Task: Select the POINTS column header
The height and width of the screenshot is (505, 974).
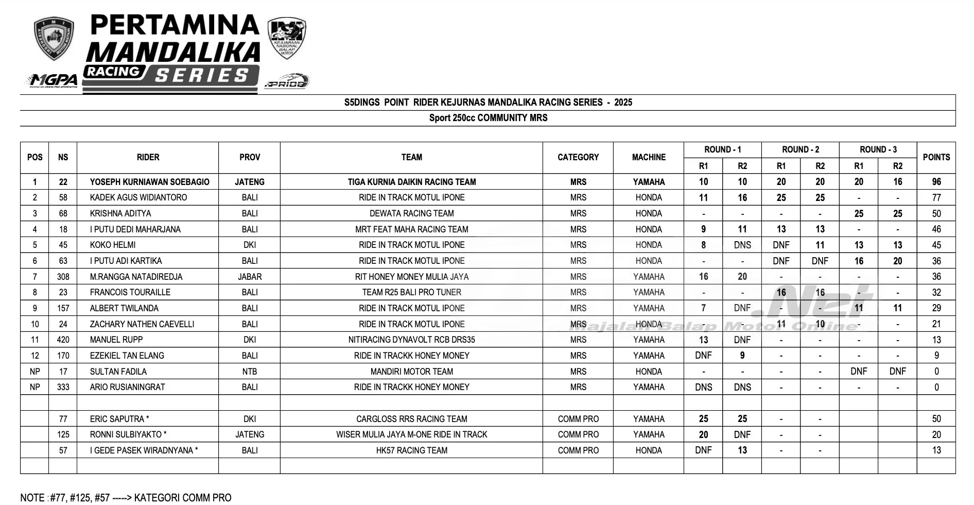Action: pyautogui.click(x=936, y=157)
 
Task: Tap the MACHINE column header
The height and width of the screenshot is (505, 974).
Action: pyautogui.click(x=649, y=157)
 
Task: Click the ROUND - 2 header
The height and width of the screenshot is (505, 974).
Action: pyautogui.click(x=800, y=149)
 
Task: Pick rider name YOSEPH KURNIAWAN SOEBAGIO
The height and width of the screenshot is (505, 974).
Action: pyautogui.click(x=149, y=182)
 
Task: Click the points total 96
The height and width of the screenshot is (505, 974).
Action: pyautogui.click(x=936, y=182)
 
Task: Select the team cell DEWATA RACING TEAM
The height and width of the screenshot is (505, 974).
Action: pyautogui.click(x=411, y=213)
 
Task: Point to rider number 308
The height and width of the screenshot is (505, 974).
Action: pyautogui.click(x=63, y=277)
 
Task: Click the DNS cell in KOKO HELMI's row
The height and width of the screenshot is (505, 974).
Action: pyautogui.click(x=742, y=245)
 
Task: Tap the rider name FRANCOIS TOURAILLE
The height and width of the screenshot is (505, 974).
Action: pyautogui.click(x=130, y=292)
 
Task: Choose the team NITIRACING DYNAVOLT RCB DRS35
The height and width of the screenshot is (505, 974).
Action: pyautogui.click(x=411, y=340)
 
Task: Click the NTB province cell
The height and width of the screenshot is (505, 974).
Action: pyautogui.click(x=249, y=372)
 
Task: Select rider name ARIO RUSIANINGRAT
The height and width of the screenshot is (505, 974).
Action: pyautogui.click(x=127, y=387)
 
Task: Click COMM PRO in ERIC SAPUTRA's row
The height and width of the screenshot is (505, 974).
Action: pyautogui.click(x=578, y=419)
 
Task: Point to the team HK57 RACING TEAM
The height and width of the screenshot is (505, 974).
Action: pyautogui.click(x=411, y=450)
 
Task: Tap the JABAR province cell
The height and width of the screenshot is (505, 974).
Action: pyautogui.click(x=249, y=277)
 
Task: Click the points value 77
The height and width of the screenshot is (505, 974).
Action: pyautogui.click(x=936, y=197)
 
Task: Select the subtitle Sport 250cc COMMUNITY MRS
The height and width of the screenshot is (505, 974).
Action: pyautogui.click(x=488, y=118)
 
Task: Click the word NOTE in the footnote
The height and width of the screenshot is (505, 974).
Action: pyautogui.click(x=32, y=497)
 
